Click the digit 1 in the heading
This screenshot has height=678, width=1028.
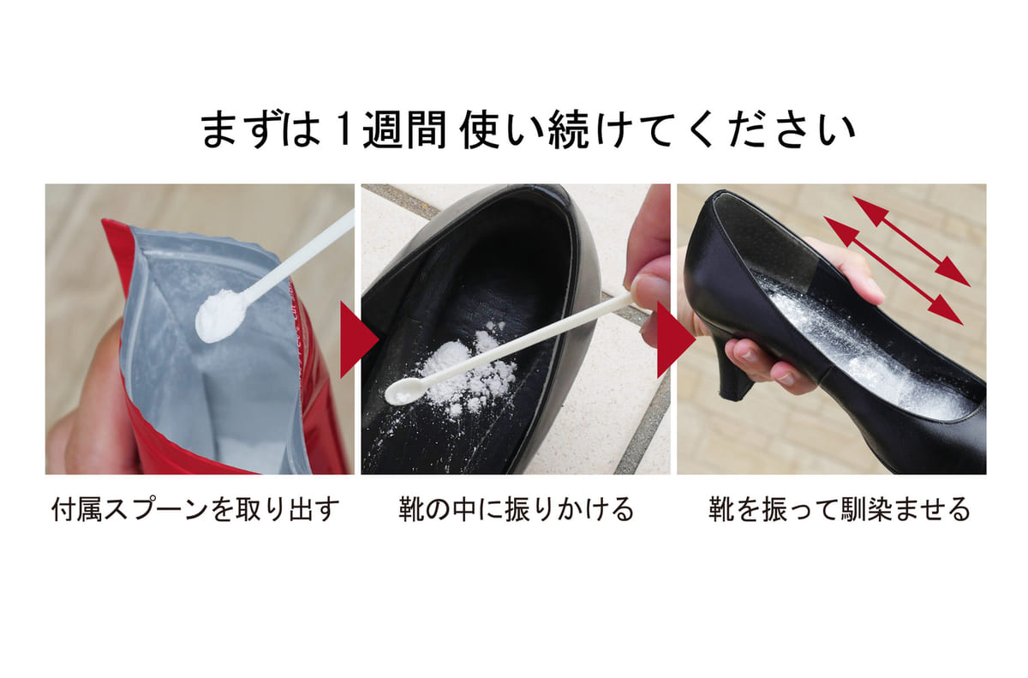tap(344, 129)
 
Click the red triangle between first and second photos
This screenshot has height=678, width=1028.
tap(359, 339)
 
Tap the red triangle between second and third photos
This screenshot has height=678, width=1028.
tap(677, 339)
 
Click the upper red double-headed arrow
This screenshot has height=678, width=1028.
tap(911, 241)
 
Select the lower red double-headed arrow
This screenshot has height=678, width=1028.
tap(893, 270)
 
